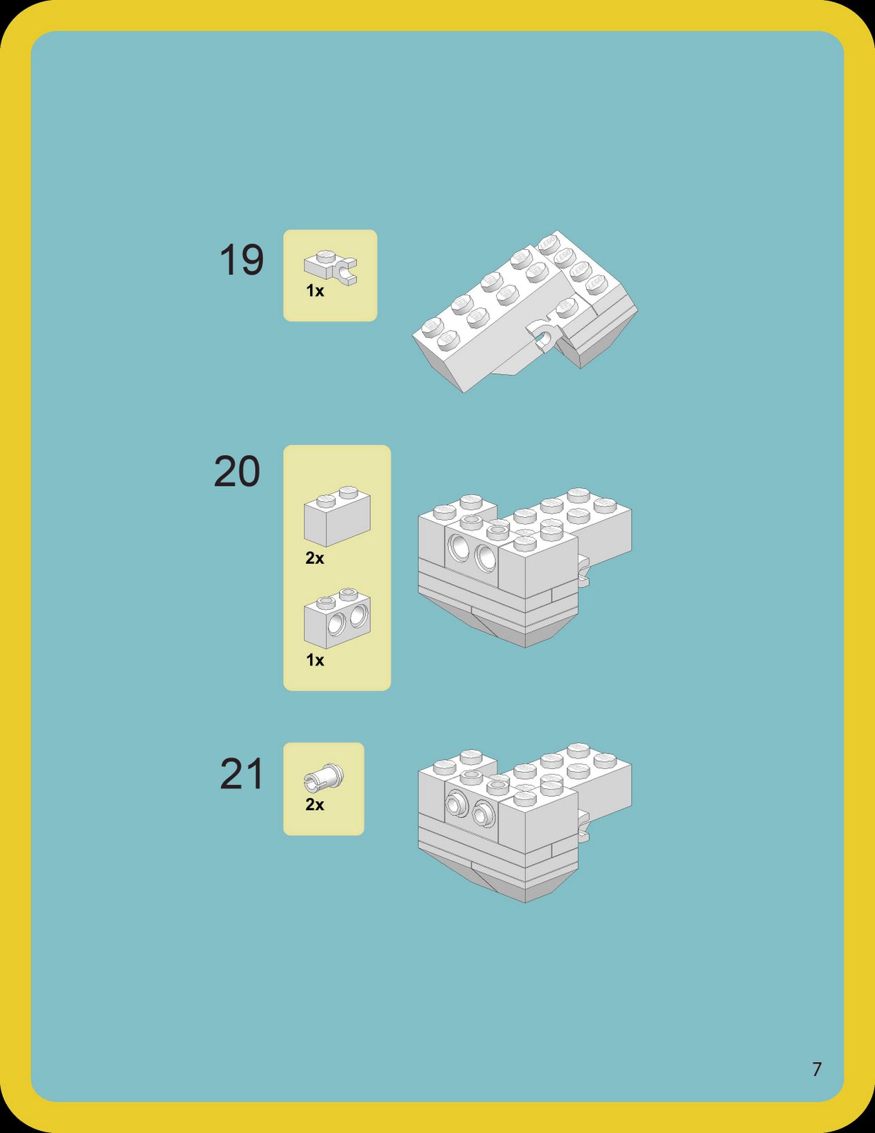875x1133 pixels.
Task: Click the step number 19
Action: click(241, 260)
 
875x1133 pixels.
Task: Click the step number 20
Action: click(237, 472)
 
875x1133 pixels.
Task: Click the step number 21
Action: click(241, 774)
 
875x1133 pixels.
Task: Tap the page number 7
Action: click(817, 1069)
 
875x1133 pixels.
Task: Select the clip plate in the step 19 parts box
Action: click(331, 268)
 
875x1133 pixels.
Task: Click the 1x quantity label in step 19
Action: click(315, 291)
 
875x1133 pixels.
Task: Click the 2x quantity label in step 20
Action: click(315, 558)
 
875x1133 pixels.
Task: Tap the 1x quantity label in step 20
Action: click(315, 660)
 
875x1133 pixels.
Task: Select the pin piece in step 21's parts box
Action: click(324, 778)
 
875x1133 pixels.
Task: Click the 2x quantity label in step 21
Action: click(315, 804)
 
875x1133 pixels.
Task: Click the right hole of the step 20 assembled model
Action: click(486, 557)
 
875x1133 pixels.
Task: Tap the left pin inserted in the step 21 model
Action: click(456, 804)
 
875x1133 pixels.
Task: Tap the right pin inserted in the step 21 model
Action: click(483, 814)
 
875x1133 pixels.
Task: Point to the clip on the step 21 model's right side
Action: click(583, 827)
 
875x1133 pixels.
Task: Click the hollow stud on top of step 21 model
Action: click(498, 785)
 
